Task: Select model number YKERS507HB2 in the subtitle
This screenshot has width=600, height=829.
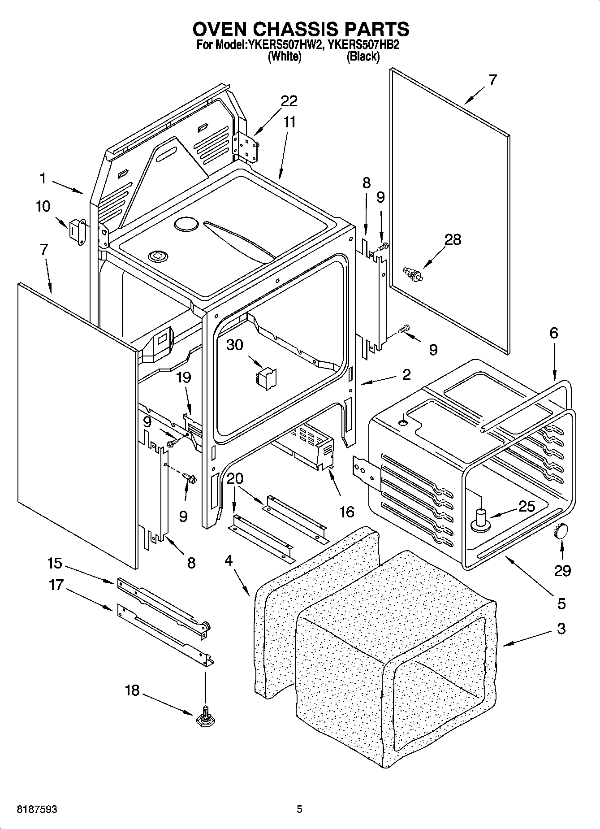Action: (363, 45)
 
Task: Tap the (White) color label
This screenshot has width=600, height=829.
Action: (284, 56)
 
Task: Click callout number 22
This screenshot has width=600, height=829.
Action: (289, 101)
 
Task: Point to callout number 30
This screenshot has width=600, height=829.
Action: (234, 345)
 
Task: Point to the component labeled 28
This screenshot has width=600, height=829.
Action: (412, 274)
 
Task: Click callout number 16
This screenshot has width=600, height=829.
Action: (347, 512)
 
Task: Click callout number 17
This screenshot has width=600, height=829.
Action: (56, 585)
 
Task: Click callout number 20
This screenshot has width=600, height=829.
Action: (234, 479)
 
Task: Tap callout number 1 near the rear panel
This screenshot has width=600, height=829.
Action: (43, 178)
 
